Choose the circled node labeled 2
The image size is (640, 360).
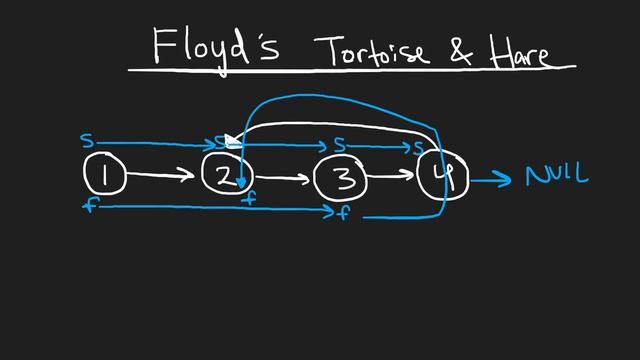tap(225, 176)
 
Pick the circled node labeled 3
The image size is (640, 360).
tap(340, 179)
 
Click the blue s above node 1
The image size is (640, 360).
tap(87, 142)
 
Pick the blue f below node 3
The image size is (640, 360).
tap(343, 213)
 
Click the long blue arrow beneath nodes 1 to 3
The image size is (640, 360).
tap(210, 207)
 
